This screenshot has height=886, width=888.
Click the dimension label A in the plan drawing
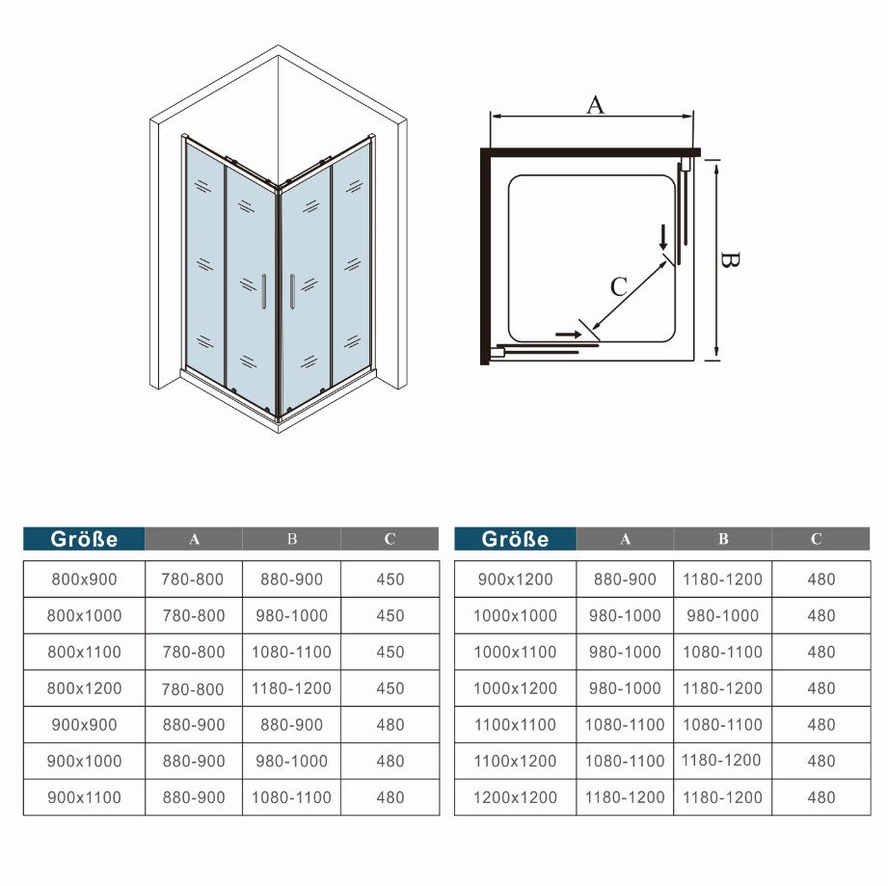pyautogui.click(x=595, y=104)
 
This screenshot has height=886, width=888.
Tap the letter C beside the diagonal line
pyautogui.click(x=618, y=286)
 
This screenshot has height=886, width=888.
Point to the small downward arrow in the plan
pyautogui.click(x=663, y=236)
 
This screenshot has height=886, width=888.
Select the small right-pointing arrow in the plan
pyautogui.click(x=569, y=335)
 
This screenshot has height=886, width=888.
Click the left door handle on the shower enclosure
pyautogui.click(x=262, y=291)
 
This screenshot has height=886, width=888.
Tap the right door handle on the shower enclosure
pyautogui.click(x=290, y=291)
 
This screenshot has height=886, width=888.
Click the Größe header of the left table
pyautogui.click(x=85, y=539)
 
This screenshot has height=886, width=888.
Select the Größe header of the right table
pyautogui.click(x=515, y=539)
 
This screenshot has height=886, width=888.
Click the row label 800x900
pyautogui.click(x=86, y=579)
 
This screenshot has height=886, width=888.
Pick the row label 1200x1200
pyautogui.click(x=516, y=797)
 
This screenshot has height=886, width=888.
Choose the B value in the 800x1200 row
pyautogui.click(x=291, y=688)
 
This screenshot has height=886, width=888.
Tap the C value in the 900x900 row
pyautogui.click(x=390, y=725)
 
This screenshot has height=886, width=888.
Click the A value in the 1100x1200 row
pyautogui.click(x=625, y=761)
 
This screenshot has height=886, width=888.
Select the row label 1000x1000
pyautogui.click(x=516, y=616)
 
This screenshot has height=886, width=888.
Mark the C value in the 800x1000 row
pyautogui.click(x=390, y=616)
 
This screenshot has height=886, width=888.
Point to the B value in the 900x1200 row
pyautogui.click(x=722, y=579)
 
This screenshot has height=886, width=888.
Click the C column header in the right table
pyautogui.click(x=816, y=539)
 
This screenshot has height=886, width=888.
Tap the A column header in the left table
pyautogui.click(x=194, y=539)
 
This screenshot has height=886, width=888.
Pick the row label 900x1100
pyautogui.click(x=86, y=797)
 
